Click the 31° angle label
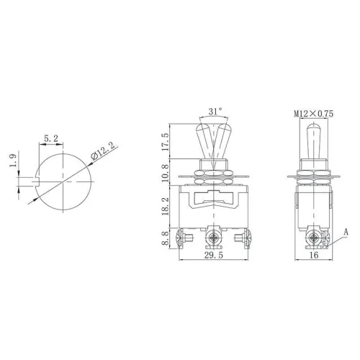(x=215, y=111)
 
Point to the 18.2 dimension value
(x=166, y=210)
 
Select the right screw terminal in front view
(x=240, y=236)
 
